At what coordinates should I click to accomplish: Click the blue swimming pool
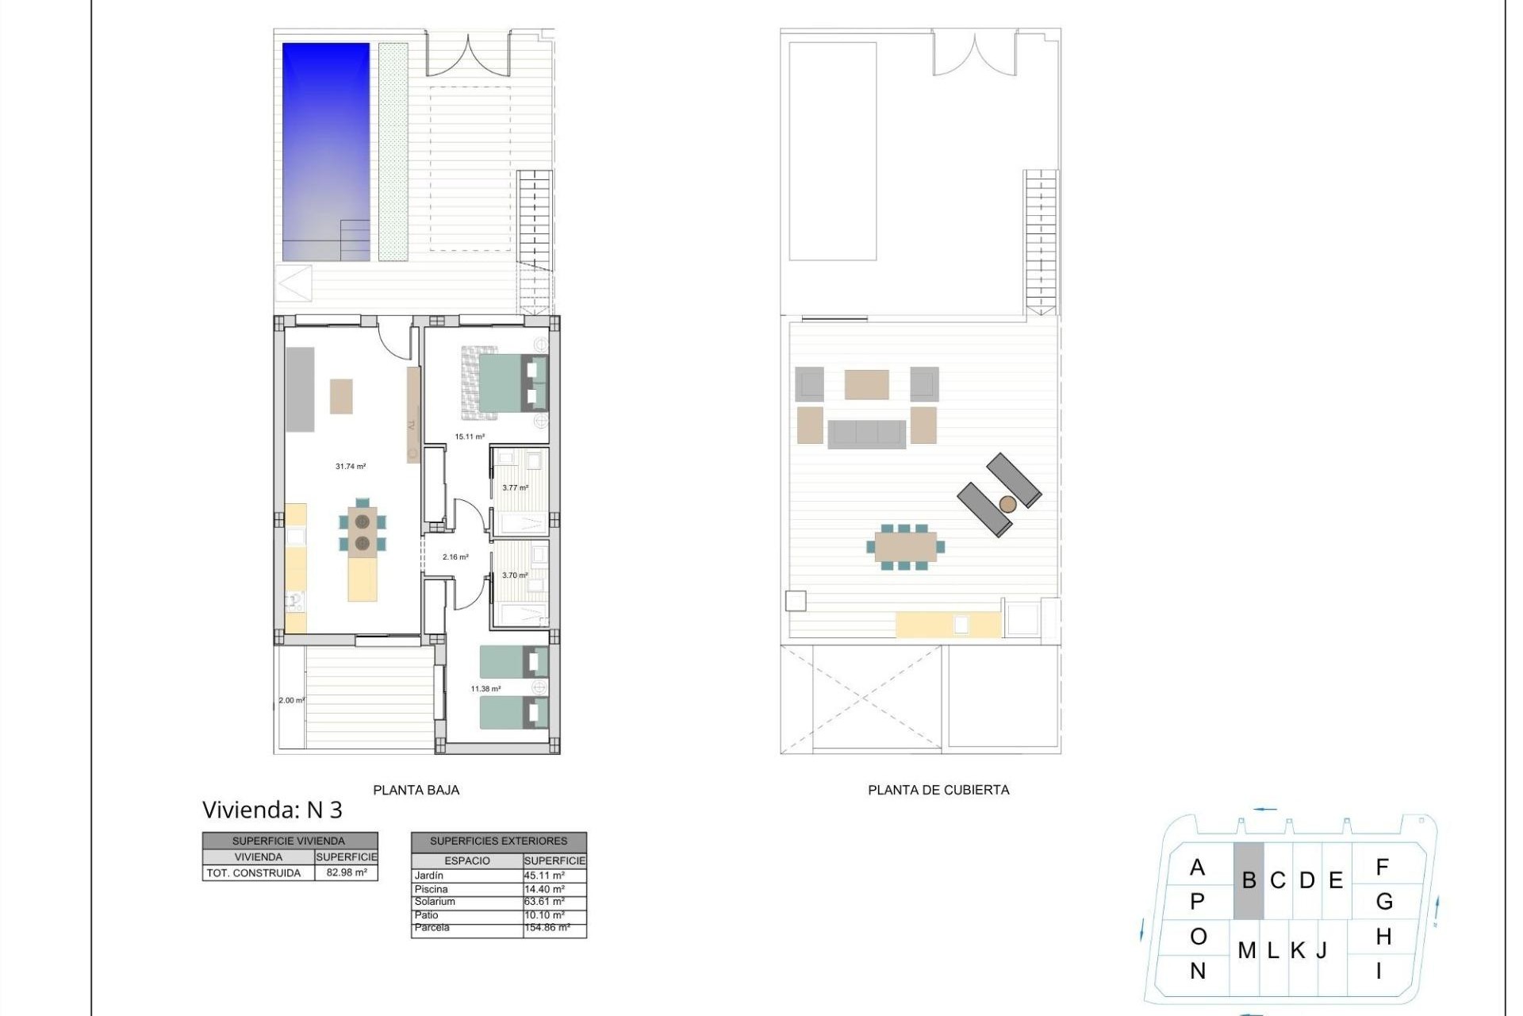[x=326, y=151]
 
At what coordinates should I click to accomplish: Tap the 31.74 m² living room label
[x=351, y=467]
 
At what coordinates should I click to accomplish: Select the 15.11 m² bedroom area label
[x=470, y=437]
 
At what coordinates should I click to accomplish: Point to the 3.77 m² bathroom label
[x=515, y=488]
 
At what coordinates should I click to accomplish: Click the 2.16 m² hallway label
[x=455, y=557]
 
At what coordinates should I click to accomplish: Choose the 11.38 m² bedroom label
[x=485, y=689]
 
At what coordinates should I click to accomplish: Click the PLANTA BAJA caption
[x=416, y=790]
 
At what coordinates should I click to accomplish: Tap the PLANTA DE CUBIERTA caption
[x=938, y=790]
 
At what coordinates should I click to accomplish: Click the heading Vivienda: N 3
[x=272, y=810]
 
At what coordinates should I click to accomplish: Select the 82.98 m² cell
[x=347, y=873]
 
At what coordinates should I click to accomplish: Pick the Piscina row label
[x=431, y=889]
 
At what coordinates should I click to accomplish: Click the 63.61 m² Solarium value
[x=544, y=902]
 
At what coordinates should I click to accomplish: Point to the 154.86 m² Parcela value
[x=547, y=927]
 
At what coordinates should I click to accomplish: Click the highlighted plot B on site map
[x=1249, y=880]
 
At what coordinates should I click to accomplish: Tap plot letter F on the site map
[x=1382, y=868]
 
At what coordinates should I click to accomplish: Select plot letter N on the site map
[x=1198, y=971]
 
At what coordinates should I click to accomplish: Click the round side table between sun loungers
[x=1007, y=504]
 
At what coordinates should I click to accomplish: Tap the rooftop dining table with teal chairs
[x=905, y=547]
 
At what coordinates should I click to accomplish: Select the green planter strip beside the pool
[x=393, y=151]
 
